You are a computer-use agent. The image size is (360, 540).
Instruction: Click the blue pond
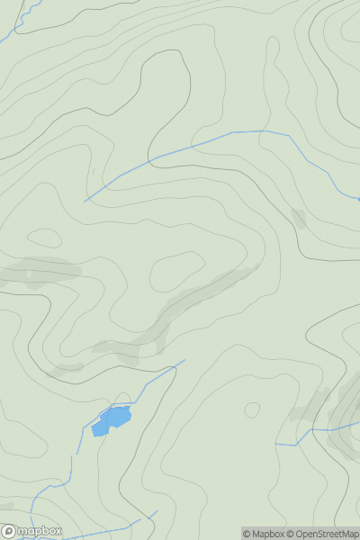coord(112,419)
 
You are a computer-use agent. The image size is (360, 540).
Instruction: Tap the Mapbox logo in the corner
coord(32,531)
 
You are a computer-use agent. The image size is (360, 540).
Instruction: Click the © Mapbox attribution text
coord(263,534)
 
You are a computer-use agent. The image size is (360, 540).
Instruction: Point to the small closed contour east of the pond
coord(252,410)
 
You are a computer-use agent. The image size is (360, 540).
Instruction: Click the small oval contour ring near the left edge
coord(44,238)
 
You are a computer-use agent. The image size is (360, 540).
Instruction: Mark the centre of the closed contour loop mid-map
coord(177,269)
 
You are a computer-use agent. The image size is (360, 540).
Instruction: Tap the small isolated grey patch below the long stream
coord(299,218)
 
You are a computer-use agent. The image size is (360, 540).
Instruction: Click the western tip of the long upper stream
coord(85,201)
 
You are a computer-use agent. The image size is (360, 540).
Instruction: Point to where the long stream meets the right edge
coord(358,198)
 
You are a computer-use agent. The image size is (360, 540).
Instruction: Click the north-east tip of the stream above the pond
coord(184,361)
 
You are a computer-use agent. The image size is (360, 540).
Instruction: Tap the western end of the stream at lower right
coord(277,445)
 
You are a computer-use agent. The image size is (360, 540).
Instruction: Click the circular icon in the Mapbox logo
coord(9,531)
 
